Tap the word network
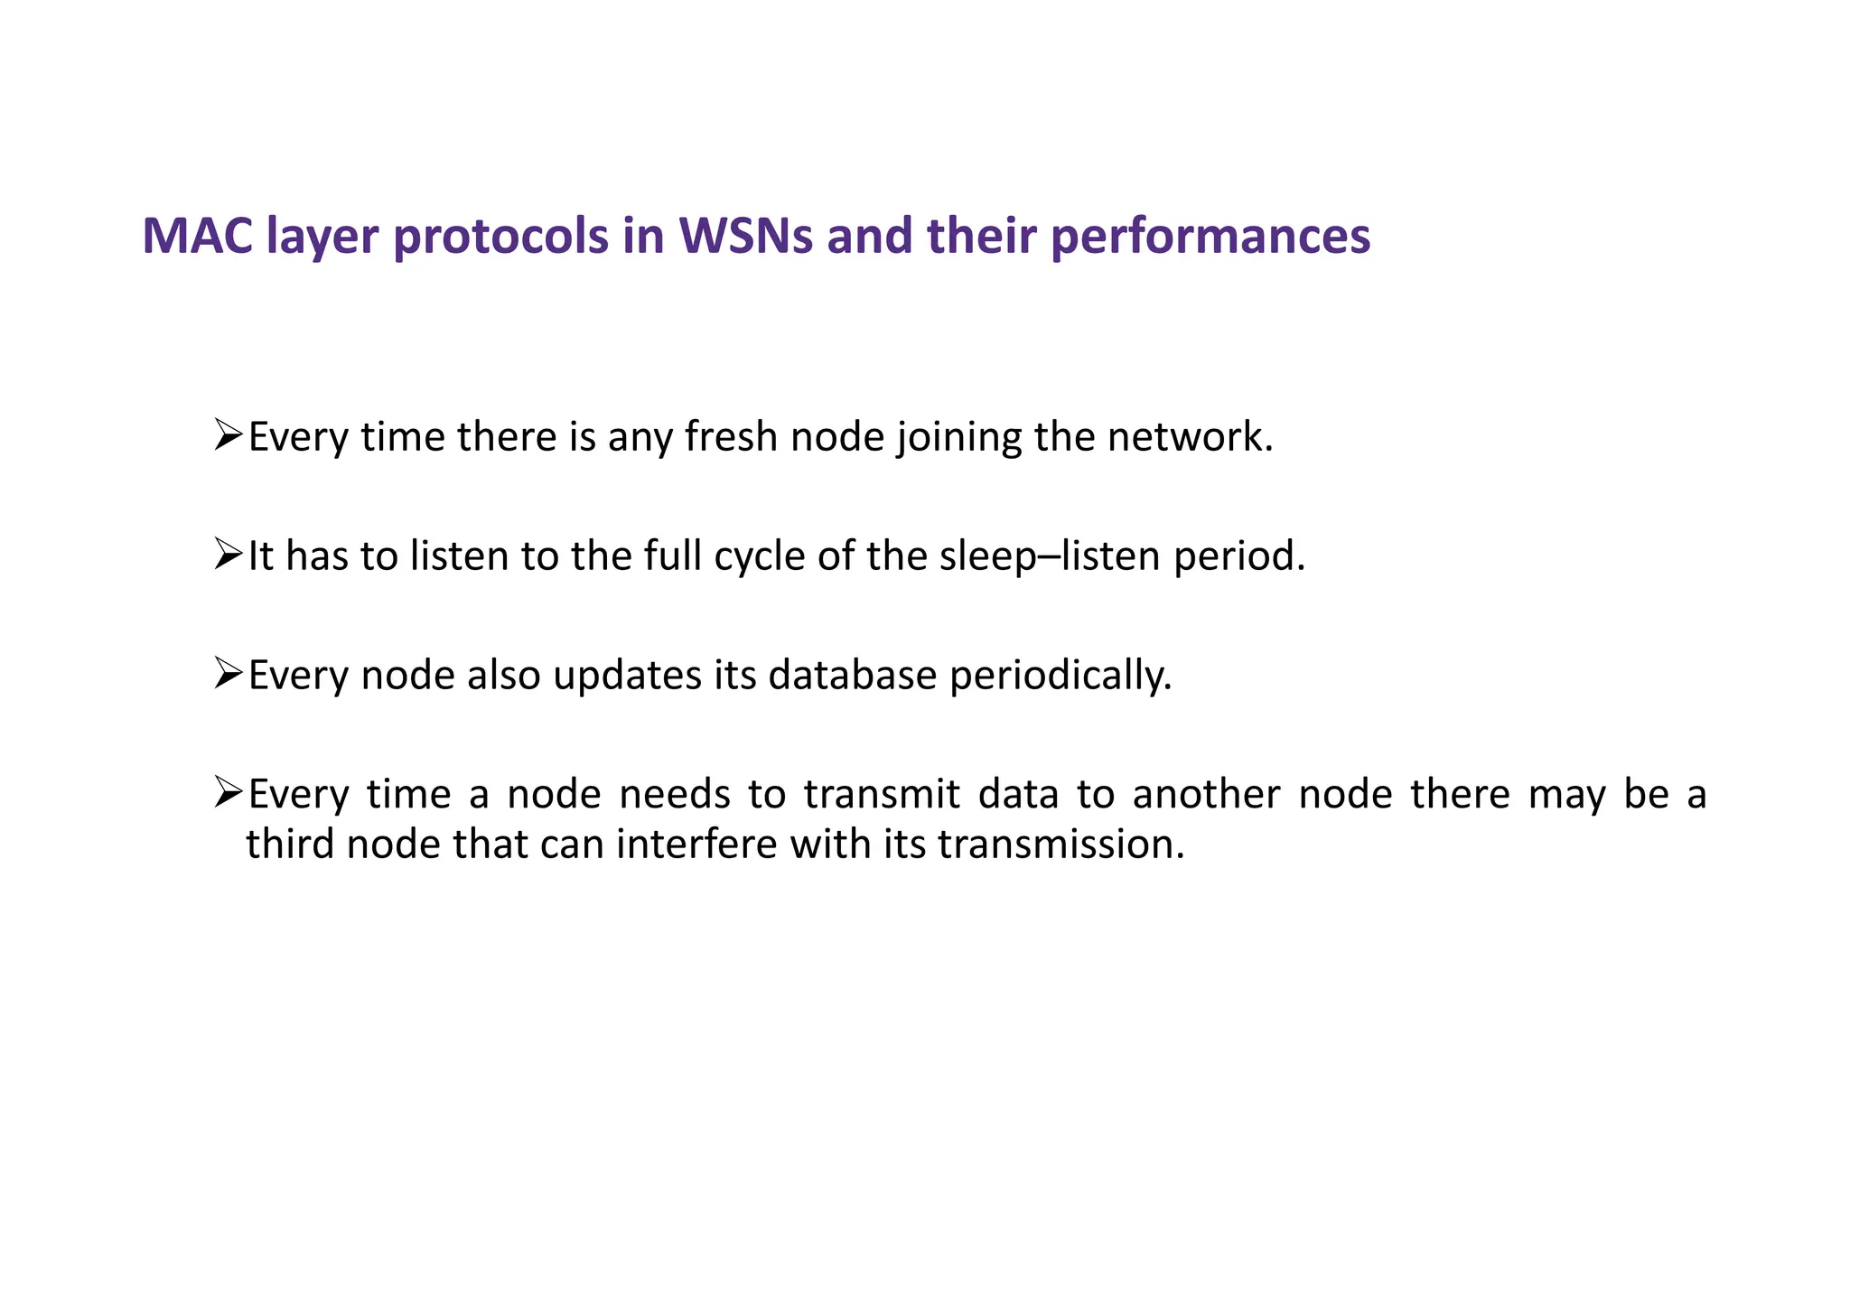click(1190, 437)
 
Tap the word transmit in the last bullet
click(882, 795)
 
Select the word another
click(1206, 795)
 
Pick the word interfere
click(697, 845)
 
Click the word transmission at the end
click(1060, 845)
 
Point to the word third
click(291, 845)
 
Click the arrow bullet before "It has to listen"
click(228, 554)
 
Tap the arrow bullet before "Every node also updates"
click(228, 673)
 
